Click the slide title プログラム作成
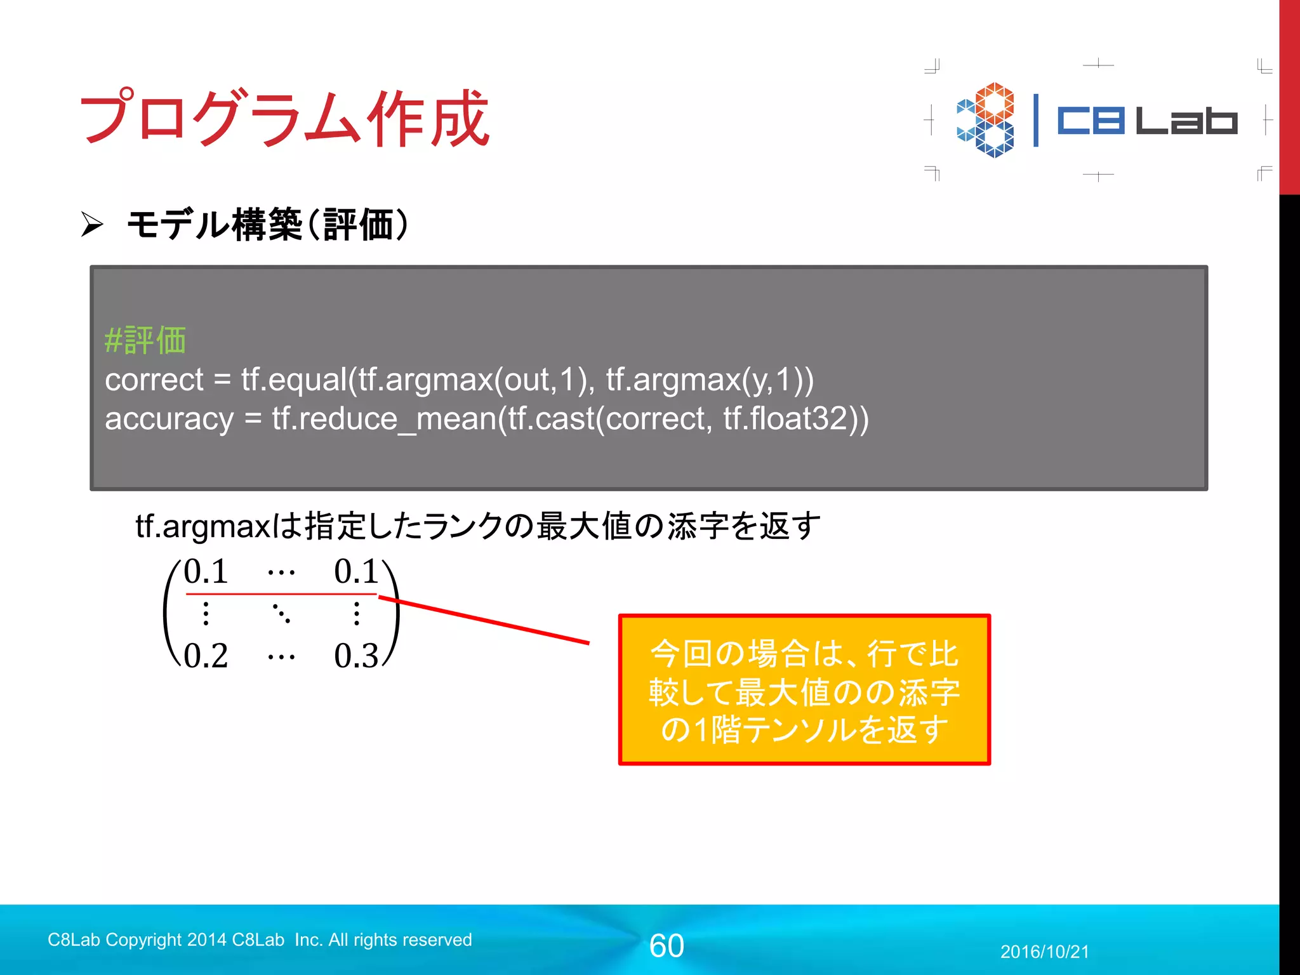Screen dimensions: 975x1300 click(284, 118)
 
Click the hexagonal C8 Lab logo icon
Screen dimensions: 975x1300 click(986, 120)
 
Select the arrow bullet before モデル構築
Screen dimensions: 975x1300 click(92, 224)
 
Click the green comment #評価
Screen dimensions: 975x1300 click(145, 340)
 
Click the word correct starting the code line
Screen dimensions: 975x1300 click(154, 380)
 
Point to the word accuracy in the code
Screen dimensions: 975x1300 click(169, 420)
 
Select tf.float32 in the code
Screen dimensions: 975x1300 click(786, 419)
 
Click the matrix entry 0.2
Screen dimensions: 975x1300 click(206, 656)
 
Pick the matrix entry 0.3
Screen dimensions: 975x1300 click(356, 656)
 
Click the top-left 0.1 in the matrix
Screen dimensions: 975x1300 click(206, 571)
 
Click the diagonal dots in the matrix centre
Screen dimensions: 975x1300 click(281, 614)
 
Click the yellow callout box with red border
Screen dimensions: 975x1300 click(804, 690)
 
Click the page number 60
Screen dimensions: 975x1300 click(667, 946)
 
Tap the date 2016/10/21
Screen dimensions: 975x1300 click(1044, 952)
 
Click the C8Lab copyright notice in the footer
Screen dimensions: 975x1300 click(260, 939)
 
